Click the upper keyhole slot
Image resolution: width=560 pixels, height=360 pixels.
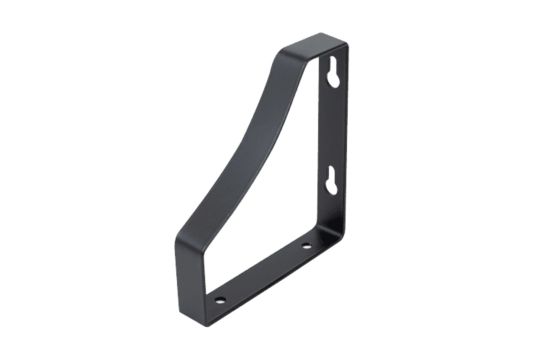(x=333, y=72)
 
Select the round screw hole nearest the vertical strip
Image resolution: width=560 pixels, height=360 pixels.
(x=307, y=245)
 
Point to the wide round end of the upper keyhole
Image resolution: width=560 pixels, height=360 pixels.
(x=333, y=78)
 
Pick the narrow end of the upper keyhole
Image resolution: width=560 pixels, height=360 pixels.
(x=333, y=65)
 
